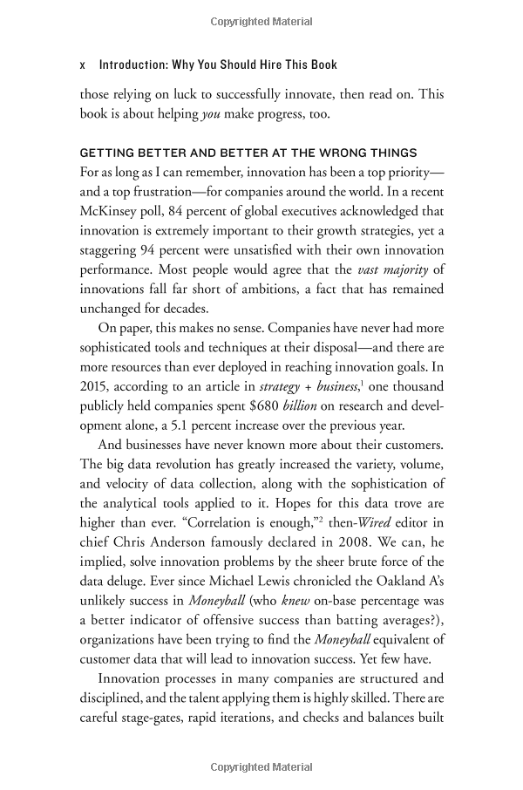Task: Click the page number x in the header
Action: pyautogui.click(x=82, y=65)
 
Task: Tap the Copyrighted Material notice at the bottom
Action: pyautogui.click(x=261, y=767)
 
